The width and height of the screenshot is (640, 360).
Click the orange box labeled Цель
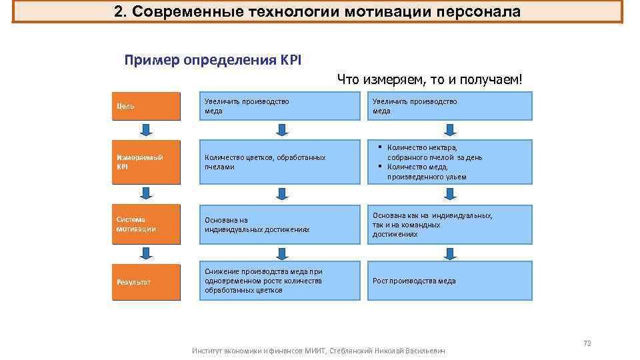pyautogui.click(x=146, y=106)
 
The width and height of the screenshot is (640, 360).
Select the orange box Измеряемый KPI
pyautogui.click(x=146, y=162)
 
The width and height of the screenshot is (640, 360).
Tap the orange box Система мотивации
pyautogui.click(x=146, y=224)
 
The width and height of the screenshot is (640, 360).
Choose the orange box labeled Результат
pyautogui.click(x=146, y=281)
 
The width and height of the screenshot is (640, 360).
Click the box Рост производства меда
pyautogui.click(x=450, y=281)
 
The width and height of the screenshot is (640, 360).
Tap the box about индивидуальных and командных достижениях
pyautogui.click(x=450, y=225)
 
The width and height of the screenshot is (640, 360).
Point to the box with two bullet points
pyautogui.click(x=450, y=162)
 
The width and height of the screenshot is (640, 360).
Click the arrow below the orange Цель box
pyautogui.click(x=146, y=129)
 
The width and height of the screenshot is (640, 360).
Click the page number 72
pyautogui.click(x=587, y=343)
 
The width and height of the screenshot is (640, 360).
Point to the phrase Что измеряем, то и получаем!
pyautogui.click(x=431, y=80)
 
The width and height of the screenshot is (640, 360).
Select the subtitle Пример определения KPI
pyautogui.click(x=213, y=60)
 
